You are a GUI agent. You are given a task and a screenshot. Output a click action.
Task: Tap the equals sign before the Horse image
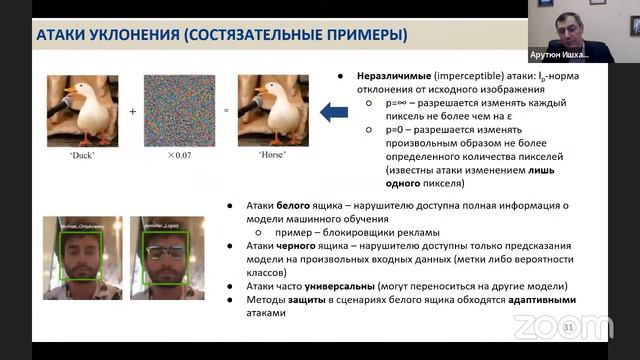pyautogui.click(x=226, y=112)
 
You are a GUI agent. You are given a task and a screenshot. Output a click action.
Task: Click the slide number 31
pyautogui.click(x=569, y=327)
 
